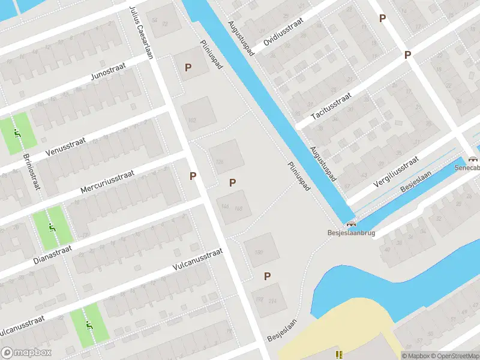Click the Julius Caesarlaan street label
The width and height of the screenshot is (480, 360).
[x=142, y=34]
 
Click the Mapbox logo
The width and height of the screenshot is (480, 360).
[x=26, y=353]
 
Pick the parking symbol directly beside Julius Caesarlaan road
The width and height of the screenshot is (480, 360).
[x=193, y=176]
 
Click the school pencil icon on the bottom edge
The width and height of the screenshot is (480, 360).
[x=340, y=355]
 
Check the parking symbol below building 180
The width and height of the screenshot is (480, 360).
[x=268, y=276]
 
